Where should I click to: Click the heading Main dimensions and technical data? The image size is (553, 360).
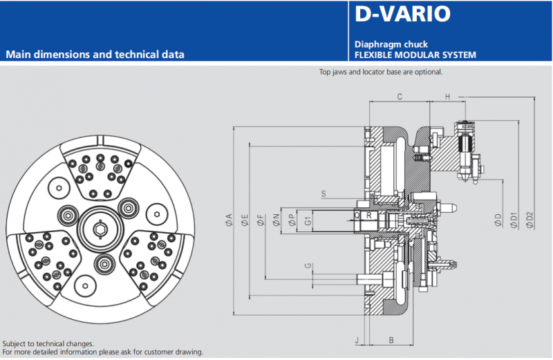pos(95,54)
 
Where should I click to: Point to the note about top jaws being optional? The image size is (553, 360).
pos(380,72)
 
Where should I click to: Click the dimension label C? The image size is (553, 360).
pos(400,97)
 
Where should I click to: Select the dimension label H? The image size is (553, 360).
pos(447,97)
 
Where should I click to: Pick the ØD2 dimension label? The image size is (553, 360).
pos(529,219)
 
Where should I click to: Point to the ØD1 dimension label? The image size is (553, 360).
pos(514,219)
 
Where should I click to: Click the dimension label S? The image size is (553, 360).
pos(324,193)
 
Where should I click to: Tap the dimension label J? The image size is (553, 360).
pos(357,340)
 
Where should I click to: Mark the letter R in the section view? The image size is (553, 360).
pos(369,216)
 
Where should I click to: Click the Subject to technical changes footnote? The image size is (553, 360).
pos(48,343)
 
